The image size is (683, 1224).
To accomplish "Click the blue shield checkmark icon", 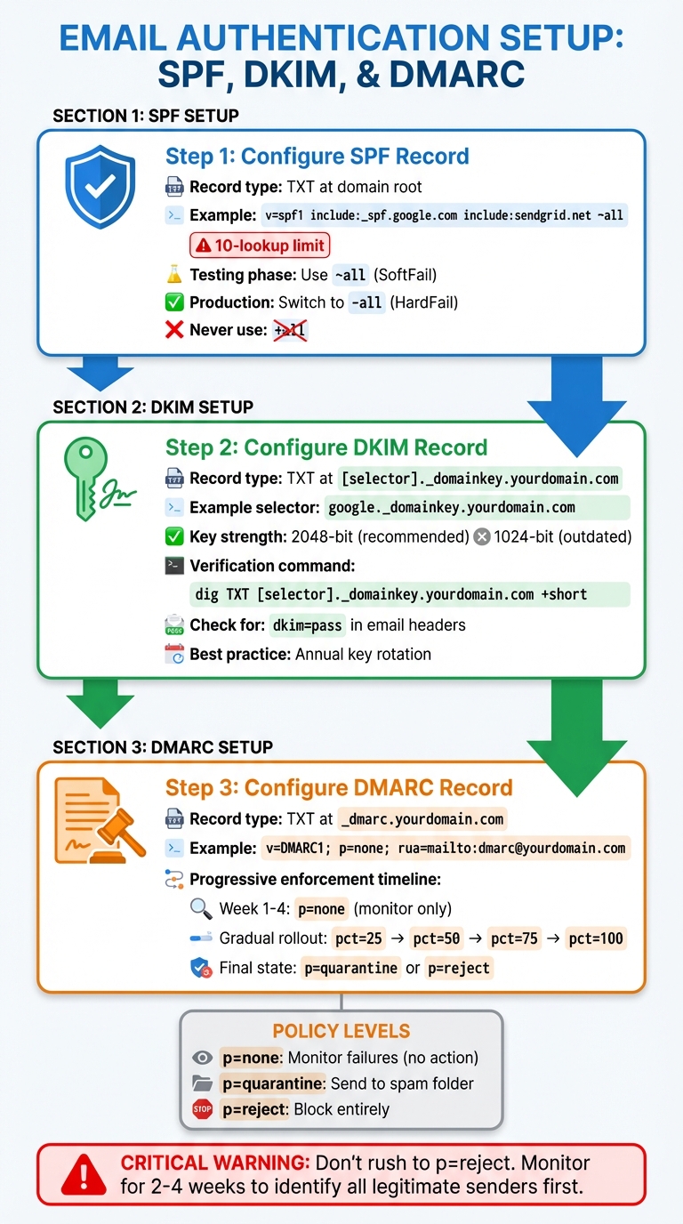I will [100, 189].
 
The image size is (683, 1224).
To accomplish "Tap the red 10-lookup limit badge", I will [259, 246].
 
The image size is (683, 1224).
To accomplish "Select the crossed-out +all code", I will [290, 331].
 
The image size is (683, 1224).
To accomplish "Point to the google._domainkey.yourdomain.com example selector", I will [452, 508].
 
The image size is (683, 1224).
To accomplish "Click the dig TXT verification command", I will [390, 594].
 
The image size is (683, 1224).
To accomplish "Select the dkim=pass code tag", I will [307, 625].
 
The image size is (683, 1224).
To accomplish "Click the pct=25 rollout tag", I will [360, 938].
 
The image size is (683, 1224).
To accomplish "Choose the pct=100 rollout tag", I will [597, 938].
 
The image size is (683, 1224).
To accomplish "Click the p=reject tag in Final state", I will [458, 968].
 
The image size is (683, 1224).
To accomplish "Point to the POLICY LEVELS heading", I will [341, 1032].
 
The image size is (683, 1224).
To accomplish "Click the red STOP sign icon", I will [203, 1109].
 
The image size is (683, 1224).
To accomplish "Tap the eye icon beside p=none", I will [203, 1058].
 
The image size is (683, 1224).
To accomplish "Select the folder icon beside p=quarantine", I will [203, 1083].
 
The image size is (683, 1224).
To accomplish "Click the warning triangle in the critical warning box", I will [84, 1175].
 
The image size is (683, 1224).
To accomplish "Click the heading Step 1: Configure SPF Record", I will [317, 157].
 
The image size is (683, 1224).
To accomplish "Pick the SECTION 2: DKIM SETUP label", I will [153, 407].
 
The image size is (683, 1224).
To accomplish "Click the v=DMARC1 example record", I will [445, 848].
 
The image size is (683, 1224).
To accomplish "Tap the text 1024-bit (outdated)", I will [561, 536].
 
